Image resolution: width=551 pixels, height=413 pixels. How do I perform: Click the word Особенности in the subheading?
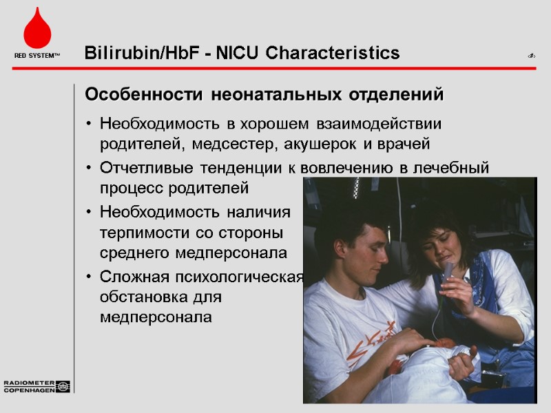145,94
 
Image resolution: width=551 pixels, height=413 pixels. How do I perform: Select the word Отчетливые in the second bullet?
147,167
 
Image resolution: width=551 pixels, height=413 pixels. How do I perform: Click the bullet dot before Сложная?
90,277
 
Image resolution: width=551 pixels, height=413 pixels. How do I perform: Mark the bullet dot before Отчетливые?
90,168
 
